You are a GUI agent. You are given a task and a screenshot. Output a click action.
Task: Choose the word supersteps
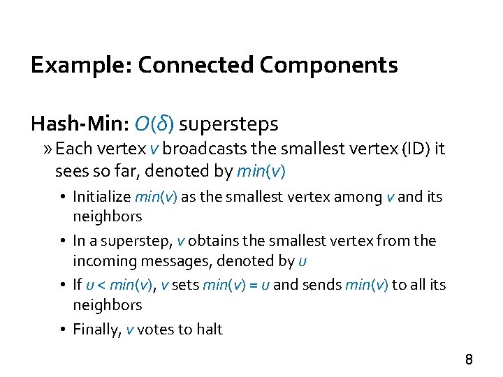(228, 124)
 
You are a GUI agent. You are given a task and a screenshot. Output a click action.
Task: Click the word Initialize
(101, 197)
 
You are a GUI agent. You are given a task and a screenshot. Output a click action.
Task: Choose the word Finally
(97, 330)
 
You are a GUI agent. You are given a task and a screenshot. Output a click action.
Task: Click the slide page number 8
(469, 360)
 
